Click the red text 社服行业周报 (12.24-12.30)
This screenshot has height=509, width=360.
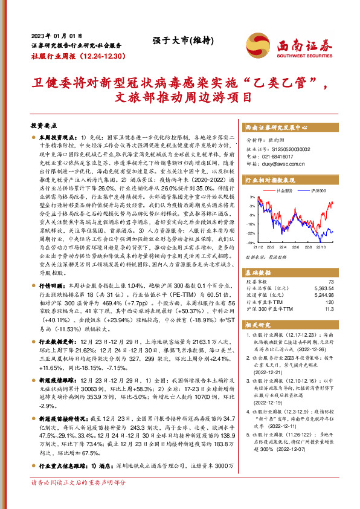pyautogui.click(x=77, y=56)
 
